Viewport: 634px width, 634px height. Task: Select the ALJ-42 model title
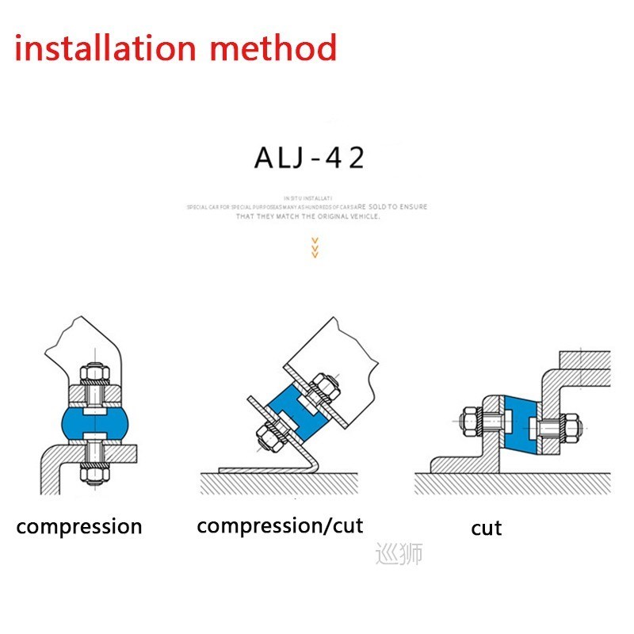309,158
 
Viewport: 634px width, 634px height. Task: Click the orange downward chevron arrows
315,247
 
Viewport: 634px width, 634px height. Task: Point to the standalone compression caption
79,525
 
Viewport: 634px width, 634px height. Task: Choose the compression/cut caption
280,525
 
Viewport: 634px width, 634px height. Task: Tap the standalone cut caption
486,528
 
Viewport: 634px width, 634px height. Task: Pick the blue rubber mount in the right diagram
519,424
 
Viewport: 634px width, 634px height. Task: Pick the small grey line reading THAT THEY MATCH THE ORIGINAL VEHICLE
308,216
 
